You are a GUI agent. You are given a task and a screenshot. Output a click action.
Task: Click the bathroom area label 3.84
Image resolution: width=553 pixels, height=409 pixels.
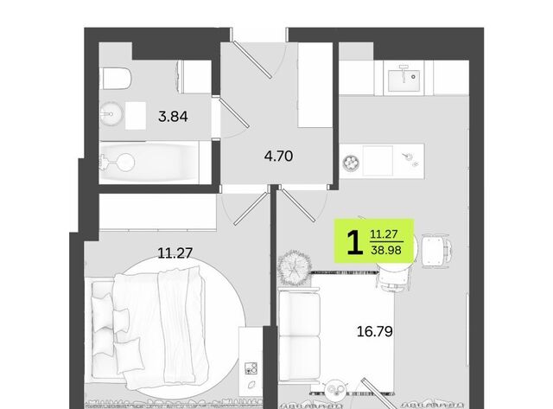[173, 117]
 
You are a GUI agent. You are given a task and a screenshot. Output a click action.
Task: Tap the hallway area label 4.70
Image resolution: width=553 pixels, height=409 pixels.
[278, 156]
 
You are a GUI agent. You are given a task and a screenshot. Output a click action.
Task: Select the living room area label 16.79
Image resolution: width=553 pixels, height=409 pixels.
[374, 332]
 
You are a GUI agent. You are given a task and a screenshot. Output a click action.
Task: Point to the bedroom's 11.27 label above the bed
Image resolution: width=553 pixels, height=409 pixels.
[175, 253]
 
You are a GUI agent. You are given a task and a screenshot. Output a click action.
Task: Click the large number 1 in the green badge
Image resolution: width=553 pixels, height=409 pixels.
[355, 242]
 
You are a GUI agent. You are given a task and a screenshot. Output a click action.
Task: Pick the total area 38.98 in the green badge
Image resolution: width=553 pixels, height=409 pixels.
[386, 250]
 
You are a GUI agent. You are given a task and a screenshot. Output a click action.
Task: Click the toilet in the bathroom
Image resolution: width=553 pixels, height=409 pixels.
[117, 78]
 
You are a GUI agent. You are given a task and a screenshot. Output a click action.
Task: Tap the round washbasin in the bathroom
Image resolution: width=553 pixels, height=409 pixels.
[111, 114]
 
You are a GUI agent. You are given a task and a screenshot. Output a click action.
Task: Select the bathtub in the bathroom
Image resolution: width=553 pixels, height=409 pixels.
[149, 163]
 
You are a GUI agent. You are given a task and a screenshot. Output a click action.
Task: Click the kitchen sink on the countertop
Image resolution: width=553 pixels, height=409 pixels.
[404, 80]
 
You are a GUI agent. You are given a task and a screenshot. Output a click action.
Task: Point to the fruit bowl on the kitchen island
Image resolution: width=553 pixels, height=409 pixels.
[352, 163]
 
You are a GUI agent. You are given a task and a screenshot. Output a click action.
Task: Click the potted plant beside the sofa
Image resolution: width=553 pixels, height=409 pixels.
[295, 268]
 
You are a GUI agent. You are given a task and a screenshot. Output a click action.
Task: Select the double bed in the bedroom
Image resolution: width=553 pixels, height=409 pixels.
[148, 327]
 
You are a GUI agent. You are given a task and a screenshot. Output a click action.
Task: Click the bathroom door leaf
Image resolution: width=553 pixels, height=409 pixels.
[233, 113]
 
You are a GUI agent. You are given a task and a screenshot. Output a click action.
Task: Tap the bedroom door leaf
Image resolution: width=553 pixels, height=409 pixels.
[251, 208]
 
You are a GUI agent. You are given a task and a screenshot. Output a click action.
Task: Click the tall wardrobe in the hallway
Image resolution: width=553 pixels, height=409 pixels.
[315, 85]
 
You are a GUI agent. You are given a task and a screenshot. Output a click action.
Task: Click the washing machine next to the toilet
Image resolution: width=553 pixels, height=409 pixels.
[196, 77]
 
